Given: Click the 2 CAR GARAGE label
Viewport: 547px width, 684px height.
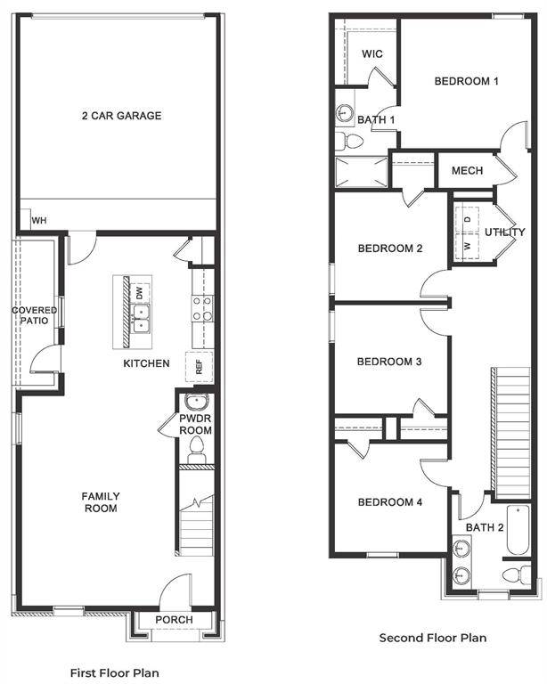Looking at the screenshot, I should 121,116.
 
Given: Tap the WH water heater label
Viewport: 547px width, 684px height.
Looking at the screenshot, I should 39,221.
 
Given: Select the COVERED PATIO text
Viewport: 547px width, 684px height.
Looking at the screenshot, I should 35,316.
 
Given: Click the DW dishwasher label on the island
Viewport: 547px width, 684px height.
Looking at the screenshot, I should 139,292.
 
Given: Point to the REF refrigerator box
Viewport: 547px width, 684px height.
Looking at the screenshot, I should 199,366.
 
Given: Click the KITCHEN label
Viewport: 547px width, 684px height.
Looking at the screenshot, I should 146,363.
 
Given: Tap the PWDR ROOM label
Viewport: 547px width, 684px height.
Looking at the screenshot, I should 194,423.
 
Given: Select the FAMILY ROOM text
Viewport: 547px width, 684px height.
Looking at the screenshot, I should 101,502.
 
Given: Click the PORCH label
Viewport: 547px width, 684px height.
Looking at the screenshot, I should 174,620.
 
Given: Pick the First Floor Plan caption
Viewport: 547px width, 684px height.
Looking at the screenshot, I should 114,672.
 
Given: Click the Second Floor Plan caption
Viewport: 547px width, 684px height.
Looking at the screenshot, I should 433,638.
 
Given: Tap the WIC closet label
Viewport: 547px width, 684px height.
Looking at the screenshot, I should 372,54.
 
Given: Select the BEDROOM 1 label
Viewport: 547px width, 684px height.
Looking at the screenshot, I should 466,82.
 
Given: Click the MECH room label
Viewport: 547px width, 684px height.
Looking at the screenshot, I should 467,171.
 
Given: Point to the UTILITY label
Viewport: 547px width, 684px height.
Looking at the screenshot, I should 504,232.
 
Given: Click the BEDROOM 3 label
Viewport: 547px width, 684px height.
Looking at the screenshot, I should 388,362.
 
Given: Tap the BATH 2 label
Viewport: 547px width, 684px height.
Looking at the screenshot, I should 486,528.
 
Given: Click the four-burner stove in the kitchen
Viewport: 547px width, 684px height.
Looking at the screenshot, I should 202,308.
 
